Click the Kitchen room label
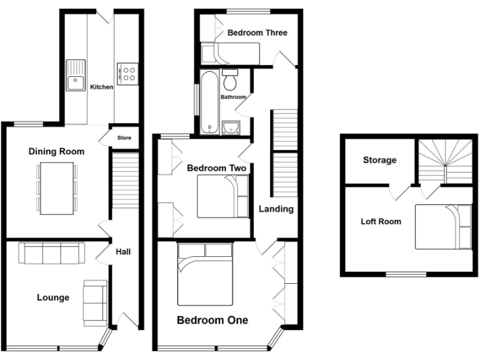[x=101, y=87]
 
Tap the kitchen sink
[x=75, y=74]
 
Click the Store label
[x=124, y=137]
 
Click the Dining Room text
[x=56, y=151]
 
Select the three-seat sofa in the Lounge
[x=52, y=253]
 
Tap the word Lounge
[x=52, y=297]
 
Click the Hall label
[x=123, y=252]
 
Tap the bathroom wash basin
[x=231, y=127]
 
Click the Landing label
[x=276, y=209]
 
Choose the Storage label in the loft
[x=379, y=160]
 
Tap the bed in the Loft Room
[x=443, y=226]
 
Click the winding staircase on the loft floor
[x=445, y=159]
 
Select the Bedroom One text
[x=212, y=321]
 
